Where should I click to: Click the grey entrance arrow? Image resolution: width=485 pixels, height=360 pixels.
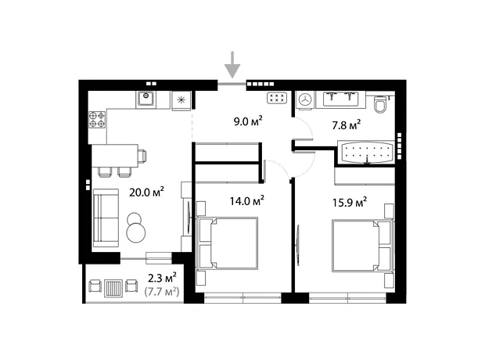[232, 65]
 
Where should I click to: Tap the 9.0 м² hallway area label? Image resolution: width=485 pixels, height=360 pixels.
[249, 121]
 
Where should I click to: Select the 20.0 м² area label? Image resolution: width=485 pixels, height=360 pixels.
[146, 192]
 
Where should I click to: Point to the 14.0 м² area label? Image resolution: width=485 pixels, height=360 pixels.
[247, 201]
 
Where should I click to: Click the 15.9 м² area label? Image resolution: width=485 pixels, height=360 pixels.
[350, 203]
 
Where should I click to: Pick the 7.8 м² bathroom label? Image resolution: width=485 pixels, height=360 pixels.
[346, 125]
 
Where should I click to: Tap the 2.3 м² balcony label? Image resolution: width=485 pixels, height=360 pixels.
[162, 278]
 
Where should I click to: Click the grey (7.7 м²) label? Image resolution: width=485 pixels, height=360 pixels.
[162, 292]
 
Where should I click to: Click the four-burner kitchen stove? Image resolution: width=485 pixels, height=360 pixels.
[97, 120]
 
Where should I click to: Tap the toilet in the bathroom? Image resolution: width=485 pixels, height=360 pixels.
[380, 104]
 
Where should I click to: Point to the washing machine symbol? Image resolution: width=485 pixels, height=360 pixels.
[305, 99]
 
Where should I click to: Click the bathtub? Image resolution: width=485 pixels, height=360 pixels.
[366, 153]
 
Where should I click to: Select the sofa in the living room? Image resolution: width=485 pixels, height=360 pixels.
[106, 218]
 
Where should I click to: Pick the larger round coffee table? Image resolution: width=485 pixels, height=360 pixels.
[136, 233]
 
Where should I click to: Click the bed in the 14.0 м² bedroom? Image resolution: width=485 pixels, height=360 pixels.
[228, 243]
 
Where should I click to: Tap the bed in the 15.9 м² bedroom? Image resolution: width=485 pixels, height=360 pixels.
[362, 246]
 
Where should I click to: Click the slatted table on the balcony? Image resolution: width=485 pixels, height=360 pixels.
[113, 288]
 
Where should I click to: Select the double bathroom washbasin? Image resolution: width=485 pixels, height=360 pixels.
[341, 99]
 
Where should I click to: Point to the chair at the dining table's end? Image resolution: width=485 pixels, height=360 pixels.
[142, 156]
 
